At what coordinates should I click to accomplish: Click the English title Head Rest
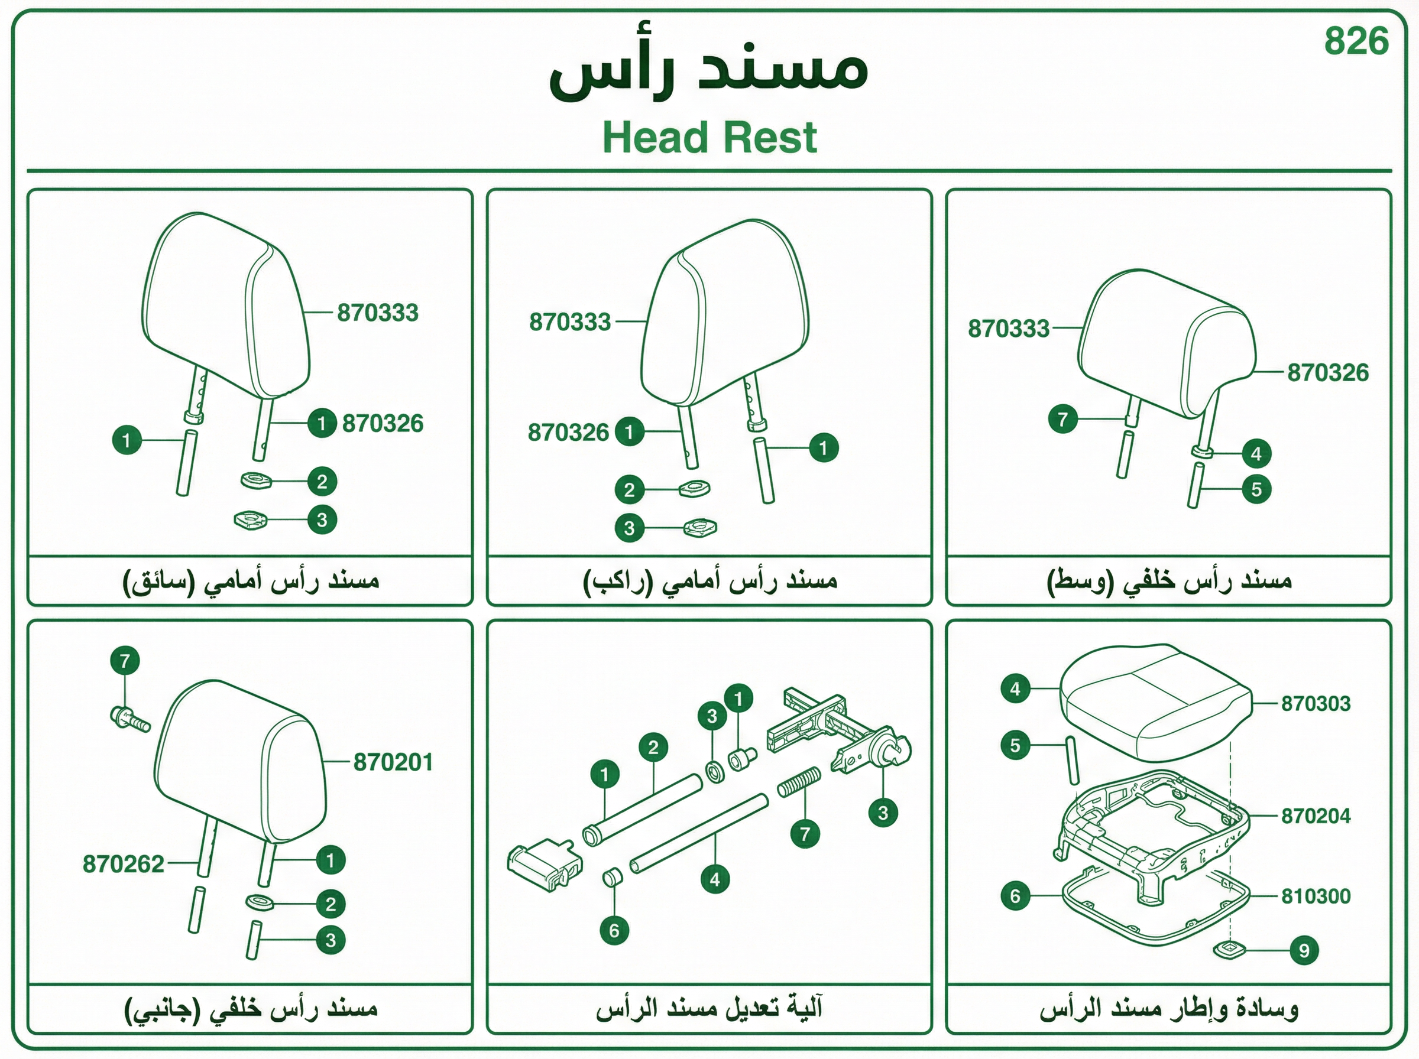(710, 137)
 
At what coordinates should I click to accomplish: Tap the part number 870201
(393, 762)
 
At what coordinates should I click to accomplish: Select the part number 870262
(124, 864)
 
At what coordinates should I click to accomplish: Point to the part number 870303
(1316, 703)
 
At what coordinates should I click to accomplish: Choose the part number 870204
(1316, 816)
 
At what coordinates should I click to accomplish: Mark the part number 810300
(1316, 896)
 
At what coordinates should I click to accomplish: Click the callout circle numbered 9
(1304, 950)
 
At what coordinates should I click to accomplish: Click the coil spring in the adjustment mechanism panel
(799, 782)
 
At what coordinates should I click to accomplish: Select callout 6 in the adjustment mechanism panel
(614, 931)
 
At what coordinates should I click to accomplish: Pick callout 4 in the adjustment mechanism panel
(715, 879)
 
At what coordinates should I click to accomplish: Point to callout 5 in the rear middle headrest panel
(1256, 490)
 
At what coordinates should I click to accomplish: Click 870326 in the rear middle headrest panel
(1328, 373)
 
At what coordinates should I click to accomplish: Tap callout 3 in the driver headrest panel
(322, 520)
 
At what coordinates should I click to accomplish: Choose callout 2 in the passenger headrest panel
(629, 490)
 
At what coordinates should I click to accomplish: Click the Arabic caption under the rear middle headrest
(1169, 581)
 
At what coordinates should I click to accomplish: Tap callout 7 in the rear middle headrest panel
(1062, 419)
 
